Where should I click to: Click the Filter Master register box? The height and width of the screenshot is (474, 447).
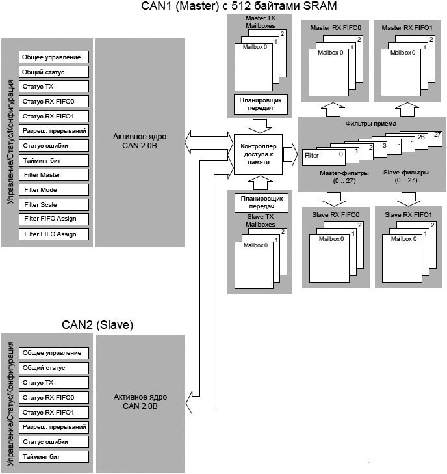point(54,175)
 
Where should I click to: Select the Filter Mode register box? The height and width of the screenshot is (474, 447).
point(54,190)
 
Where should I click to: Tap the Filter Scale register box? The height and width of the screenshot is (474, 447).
point(54,204)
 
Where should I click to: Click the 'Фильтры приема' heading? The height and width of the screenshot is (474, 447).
point(372,123)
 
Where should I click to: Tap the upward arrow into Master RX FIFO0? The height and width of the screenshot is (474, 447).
point(331,107)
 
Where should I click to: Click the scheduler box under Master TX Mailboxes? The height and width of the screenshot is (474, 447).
point(257,104)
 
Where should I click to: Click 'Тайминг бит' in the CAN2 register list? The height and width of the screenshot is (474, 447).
point(54,456)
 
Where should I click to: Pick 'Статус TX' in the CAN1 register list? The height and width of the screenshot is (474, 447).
point(54,86)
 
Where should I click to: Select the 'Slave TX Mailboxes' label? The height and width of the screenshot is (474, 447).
point(256,220)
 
